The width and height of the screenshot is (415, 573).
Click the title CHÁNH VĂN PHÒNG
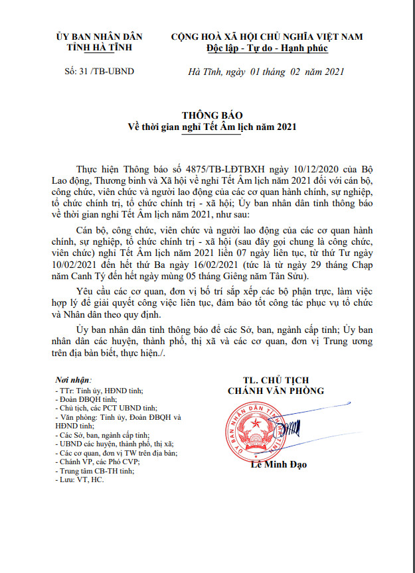coord(276,391)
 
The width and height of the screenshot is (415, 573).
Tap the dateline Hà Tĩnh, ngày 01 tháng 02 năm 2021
coord(266,72)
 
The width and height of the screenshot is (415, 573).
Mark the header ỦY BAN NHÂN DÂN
coord(100,36)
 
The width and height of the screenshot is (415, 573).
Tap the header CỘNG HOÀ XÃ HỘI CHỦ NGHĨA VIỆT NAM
coord(267,36)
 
